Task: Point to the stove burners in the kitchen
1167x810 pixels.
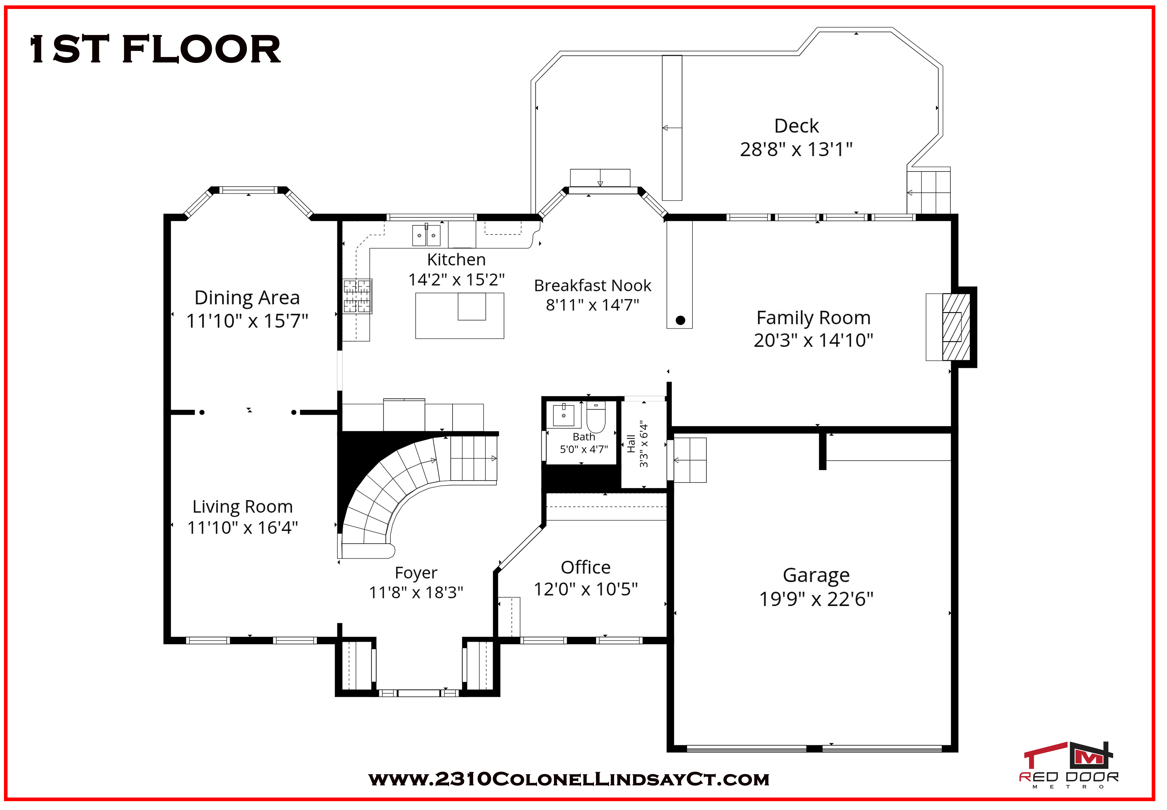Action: click(x=357, y=296)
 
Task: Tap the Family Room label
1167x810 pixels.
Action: click(x=813, y=318)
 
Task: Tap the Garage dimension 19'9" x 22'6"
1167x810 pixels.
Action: click(x=816, y=599)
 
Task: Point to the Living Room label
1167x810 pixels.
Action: click(x=243, y=506)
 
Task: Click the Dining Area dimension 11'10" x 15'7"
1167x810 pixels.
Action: click(x=247, y=321)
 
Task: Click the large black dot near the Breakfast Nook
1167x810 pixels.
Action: click(x=680, y=320)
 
